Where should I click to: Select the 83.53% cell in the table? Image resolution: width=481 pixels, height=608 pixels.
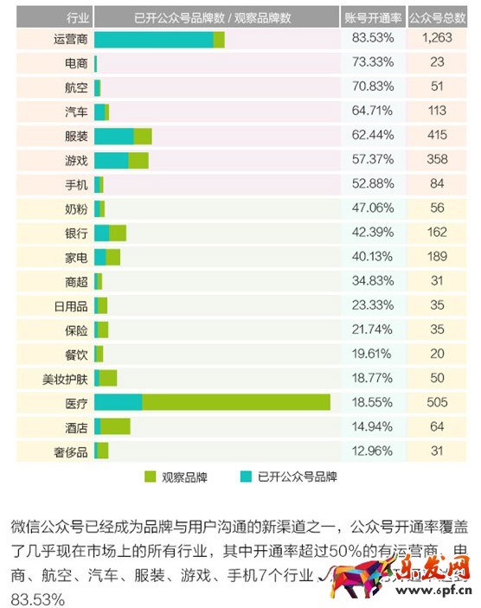[x=373, y=40]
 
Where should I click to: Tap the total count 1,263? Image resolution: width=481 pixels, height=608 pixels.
[x=438, y=40]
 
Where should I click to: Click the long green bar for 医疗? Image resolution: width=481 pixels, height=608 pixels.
[x=235, y=402]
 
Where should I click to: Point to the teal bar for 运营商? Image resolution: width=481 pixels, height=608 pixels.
[x=153, y=40]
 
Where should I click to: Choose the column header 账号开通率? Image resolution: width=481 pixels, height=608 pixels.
[x=373, y=16]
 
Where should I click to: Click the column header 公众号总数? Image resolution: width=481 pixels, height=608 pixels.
[x=438, y=16]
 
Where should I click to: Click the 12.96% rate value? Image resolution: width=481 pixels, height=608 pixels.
[x=373, y=451]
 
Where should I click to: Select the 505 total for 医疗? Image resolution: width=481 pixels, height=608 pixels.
[x=438, y=402]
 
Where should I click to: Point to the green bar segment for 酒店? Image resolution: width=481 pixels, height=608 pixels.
[x=115, y=426]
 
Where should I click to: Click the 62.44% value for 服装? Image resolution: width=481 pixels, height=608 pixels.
[x=373, y=136]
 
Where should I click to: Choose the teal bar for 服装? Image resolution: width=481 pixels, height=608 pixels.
[x=113, y=136]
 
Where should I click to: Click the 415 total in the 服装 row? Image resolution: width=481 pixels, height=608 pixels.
[x=438, y=136]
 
